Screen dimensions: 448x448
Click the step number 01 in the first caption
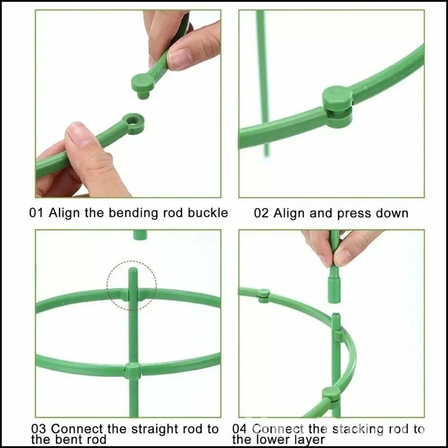36,213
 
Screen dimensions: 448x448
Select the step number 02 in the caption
261,213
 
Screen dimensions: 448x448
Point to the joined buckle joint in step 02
337,106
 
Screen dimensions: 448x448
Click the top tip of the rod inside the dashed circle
133,269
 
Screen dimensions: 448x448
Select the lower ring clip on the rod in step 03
133,370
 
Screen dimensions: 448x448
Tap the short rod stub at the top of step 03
140,235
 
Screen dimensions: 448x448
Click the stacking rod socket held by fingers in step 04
334,289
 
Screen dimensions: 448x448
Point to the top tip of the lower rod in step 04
336,315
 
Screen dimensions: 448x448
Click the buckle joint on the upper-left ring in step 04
263,295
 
